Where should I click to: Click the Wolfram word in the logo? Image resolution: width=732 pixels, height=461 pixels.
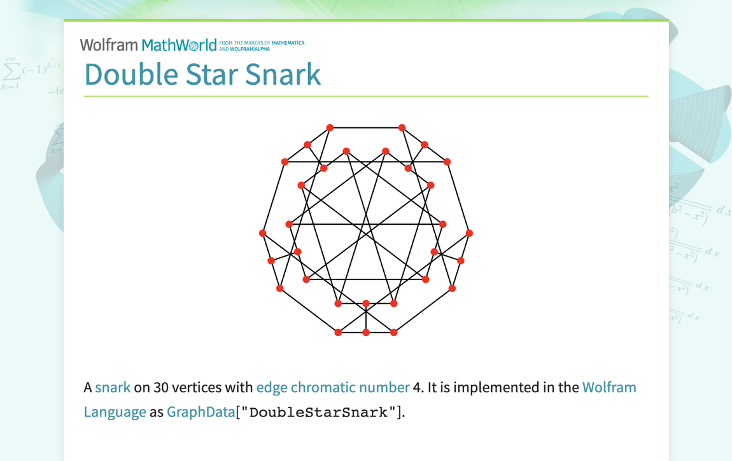pyautogui.click(x=109, y=45)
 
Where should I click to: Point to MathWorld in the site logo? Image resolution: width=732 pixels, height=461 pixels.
pyautogui.click(x=179, y=45)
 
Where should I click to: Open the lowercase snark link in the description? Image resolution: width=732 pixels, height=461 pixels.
pyautogui.click(x=113, y=387)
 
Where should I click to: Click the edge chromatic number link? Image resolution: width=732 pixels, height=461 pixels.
pyautogui.click(x=333, y=387)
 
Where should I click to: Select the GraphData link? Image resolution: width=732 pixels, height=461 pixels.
pyautogui.click(x=201, y=412)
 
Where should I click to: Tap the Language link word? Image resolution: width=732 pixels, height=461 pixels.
pyautogui.click(x=115, y=412)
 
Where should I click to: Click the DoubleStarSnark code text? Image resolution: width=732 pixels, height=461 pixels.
pyautogui.click(x=318, y=412)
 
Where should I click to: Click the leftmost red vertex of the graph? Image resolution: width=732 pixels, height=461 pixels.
pyautogui.click(x=262, y=233)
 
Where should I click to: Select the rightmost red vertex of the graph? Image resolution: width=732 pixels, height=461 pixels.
pyautogui.click(x=469, y=233)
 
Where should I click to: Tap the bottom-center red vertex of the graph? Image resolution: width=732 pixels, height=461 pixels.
pyautogui.click(x=366, y=332)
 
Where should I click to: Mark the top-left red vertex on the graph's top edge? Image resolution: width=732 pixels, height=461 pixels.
pyautogui.click(x=330, y=127)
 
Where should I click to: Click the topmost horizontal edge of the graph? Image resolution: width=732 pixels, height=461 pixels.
pyautogui.click(x=366, y=127)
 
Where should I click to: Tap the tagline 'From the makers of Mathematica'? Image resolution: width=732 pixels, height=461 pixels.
pyautogui.click(x=262, y=43)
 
